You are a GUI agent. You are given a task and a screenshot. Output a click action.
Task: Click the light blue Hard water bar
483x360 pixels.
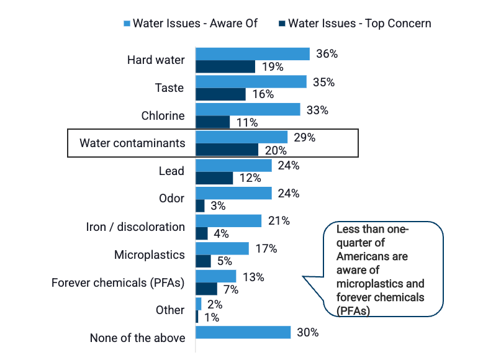(253, 54)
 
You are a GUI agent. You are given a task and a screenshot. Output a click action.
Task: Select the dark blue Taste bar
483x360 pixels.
(220, 94)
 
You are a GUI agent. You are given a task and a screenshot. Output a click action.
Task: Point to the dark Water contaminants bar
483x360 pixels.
(227, 150)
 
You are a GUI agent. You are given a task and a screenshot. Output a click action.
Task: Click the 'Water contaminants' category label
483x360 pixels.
(132, 143)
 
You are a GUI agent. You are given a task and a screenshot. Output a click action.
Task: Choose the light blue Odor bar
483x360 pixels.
(233, 193)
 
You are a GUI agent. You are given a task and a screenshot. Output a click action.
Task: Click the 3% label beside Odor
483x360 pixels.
(219, 206)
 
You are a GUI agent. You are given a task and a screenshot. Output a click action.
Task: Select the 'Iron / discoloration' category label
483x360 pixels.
(135, 227)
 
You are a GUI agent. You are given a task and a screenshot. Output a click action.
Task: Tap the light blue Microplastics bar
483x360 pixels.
(222, 248)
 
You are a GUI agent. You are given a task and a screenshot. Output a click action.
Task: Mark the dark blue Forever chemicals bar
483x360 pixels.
(206, 289)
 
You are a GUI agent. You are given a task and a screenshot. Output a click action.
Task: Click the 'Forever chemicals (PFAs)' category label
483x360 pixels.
(118, 282)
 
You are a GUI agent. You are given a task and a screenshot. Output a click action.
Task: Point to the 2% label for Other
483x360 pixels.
(214, 304)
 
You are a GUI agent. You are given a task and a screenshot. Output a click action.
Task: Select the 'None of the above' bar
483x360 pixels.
(243, 332)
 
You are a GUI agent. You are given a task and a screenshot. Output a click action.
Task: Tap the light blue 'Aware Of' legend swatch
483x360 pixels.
(127, 24)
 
